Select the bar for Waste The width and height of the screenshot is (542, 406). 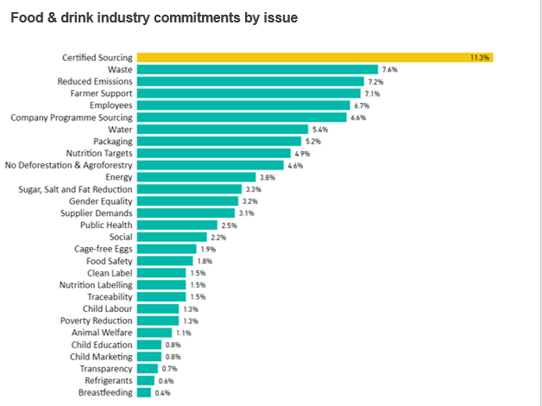[257, 69]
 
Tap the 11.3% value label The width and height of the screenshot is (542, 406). [480, 57]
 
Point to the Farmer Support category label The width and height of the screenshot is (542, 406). [102, 93]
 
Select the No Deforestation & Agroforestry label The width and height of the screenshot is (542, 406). [68, 165]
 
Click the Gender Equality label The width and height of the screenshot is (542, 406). [101, 201]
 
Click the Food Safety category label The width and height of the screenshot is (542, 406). [109, 261]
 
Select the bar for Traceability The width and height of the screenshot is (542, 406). [161, 296]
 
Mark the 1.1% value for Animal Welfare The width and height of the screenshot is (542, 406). [183, 333]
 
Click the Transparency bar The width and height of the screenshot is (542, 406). [148, 368]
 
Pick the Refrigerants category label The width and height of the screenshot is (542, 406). [108, 380]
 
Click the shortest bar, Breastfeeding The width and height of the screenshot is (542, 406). [143, 392]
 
